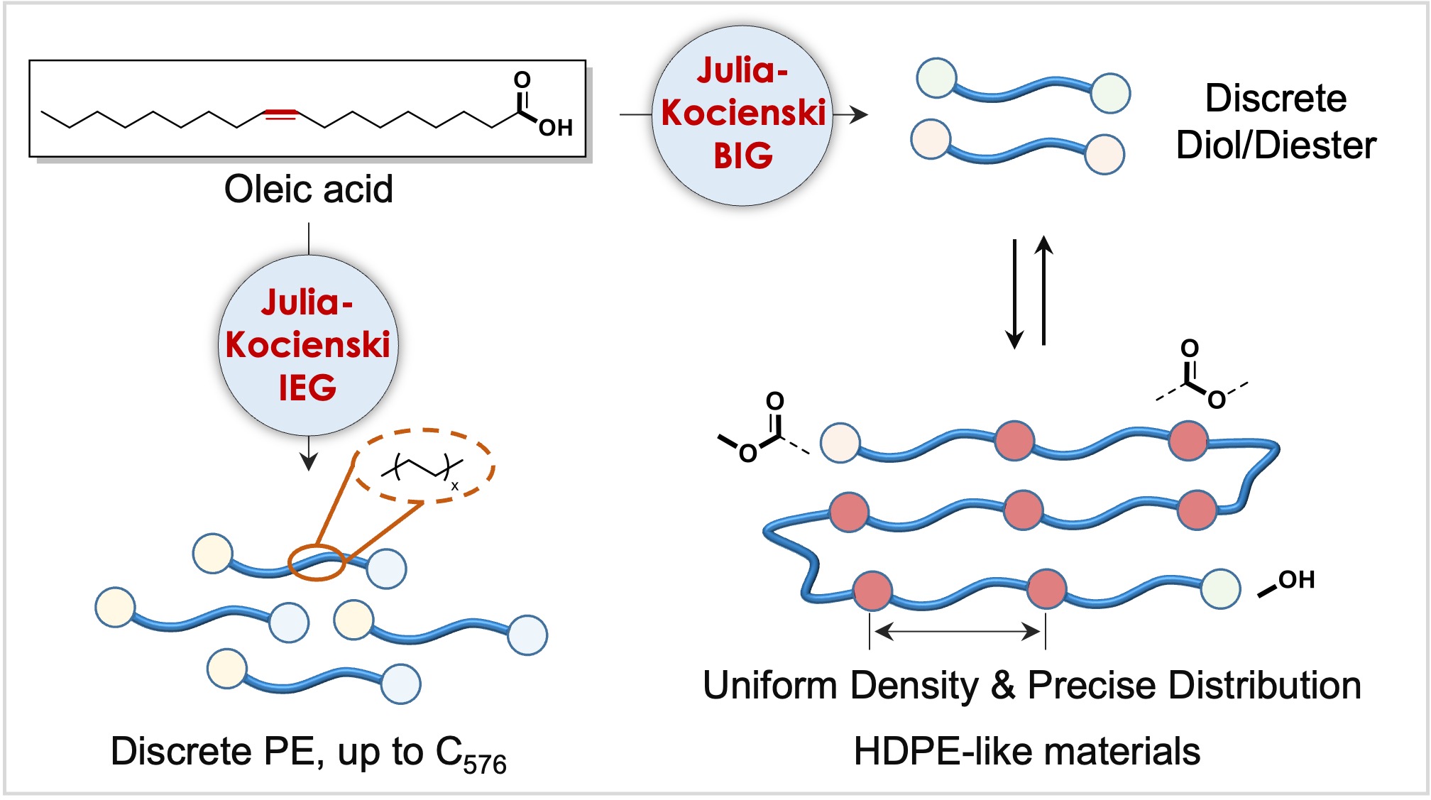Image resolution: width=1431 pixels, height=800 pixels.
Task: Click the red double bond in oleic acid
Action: point(280,114)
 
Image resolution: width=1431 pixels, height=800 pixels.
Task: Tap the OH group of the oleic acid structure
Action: point(555,128)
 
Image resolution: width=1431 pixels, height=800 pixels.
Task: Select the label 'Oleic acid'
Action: point(308,189)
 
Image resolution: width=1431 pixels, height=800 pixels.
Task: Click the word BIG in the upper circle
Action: point(742,156)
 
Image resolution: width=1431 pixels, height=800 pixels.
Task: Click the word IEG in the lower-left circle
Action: point(307,388)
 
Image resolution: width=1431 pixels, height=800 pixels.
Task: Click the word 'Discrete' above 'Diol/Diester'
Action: point(1276,98)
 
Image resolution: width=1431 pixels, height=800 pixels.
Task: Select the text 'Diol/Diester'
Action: point(1276,146)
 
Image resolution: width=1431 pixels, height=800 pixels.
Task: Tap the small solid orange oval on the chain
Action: point(317,562)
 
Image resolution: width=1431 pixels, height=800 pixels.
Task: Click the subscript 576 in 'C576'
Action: point(485,765)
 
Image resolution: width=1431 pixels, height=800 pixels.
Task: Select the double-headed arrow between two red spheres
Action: point(958,630)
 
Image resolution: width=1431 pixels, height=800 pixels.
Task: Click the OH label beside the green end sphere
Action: point(1296,580)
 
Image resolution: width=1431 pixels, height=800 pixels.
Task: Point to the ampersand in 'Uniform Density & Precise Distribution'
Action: point(1002,686)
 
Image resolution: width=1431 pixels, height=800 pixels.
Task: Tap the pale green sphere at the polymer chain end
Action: point(1220,588)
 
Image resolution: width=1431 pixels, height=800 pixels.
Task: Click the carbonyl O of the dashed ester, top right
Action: point(1190,349)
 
